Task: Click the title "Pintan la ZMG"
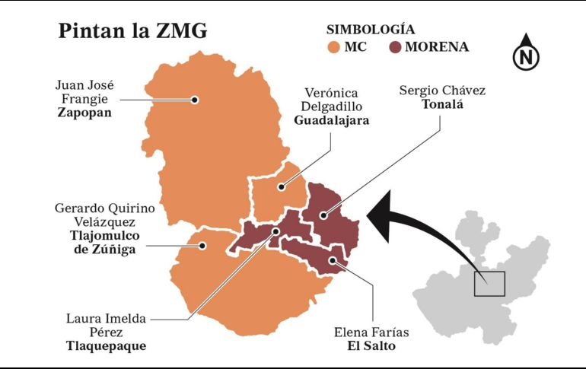click(132, 32)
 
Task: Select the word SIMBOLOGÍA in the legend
click(371, 30)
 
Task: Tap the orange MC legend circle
click(334, 47)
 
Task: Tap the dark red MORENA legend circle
click(394, 47)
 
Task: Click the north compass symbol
click(524, 54)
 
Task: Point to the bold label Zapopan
click(84, 112)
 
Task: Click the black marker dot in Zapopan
click(196, 100)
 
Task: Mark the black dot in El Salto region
click(333, 261)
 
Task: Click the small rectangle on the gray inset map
click(489, 284)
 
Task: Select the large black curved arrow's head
click(379, 212)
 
